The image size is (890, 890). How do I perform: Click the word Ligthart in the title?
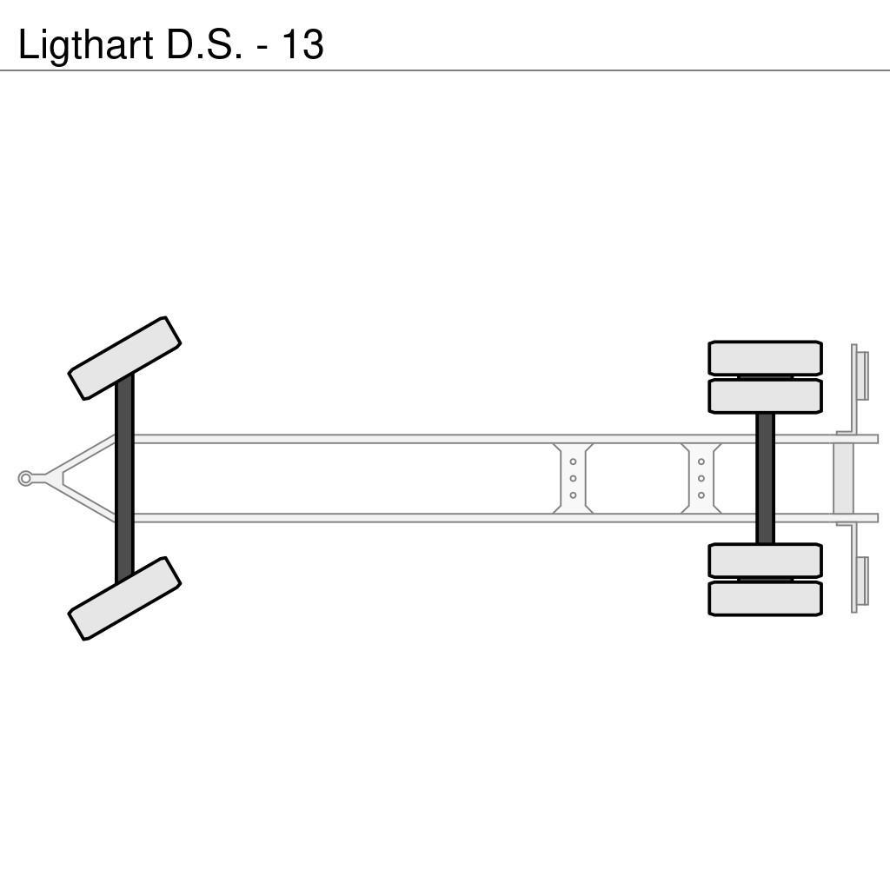click(86, 44)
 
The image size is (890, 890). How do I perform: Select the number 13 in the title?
click(302, 44)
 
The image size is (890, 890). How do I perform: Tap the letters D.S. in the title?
click(204, 44)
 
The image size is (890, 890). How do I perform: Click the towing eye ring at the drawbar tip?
click(25, 478)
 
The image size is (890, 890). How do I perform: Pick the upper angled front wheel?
click(124, 358)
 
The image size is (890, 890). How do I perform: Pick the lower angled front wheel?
click(124, 598)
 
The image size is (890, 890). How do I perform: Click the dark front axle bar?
click(124, 478)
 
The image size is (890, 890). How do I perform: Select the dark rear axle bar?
click(765, 478)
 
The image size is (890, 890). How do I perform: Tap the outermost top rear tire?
click(765, 358)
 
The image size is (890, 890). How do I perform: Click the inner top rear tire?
click(765, 396)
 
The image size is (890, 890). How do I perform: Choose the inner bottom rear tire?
click(765, 561)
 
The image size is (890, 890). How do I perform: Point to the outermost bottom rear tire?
click(765, 599)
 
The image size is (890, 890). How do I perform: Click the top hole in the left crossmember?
click(573, 462)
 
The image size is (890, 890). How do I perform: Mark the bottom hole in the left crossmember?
click(573, 495)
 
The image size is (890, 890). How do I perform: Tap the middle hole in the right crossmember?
click(701, 478)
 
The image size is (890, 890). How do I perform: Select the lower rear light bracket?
click(860, 581)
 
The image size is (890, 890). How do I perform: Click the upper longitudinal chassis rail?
click(435, 439)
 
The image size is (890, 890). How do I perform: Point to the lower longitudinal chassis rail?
click(435, 518)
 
